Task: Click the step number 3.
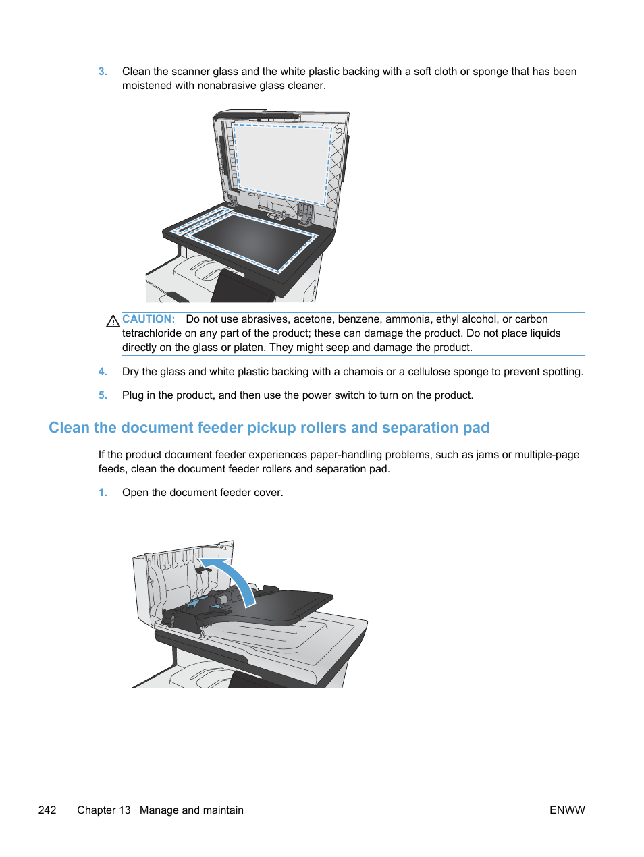click(103, 72)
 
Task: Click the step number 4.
click(103, 372)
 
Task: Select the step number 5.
click(103, 395)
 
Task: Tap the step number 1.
click(103, 493)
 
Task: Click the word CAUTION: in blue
click(149, 319)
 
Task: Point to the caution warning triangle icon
click(113, 321)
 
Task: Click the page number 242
click(47, 810)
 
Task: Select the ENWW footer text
click(567, 810)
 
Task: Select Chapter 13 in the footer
click(104, 810)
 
